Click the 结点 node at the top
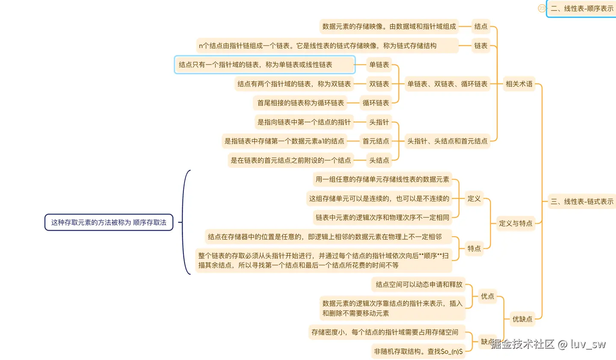tap(480, 27)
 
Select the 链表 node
tap(480, 46)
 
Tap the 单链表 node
tap(379, 65)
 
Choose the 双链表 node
tap(379, 84)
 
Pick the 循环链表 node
tap(376, 103)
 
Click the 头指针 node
tap(379, 122)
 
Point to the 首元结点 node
tap(376, 141)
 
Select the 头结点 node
tap(379, 160)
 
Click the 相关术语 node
tap(519, 84)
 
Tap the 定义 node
tap(474, 199)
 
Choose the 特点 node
tap(474, 248)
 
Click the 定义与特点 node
tap(515, 223)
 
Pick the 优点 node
tap(487, 296)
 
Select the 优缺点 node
tap(522, 319)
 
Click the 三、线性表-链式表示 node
tap(582, 201)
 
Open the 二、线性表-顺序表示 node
tap(582, 9)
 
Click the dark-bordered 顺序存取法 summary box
tap(109, 223)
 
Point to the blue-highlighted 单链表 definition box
tap(264, 65)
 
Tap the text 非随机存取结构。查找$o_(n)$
tap(418, 351)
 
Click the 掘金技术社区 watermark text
tap(522, 344)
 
